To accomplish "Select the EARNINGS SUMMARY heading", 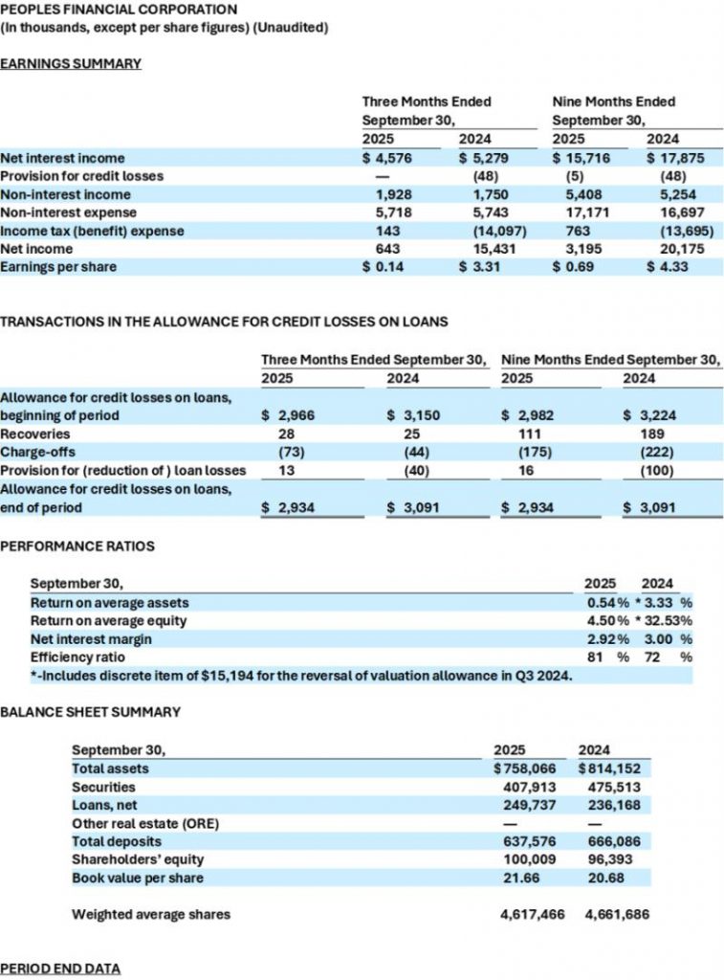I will (71, 63).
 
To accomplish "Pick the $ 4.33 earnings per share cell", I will (668, 266).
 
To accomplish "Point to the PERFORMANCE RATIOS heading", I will (77, 546).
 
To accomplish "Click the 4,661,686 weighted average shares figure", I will (616, 914).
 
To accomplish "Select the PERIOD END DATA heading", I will (60, 969).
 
